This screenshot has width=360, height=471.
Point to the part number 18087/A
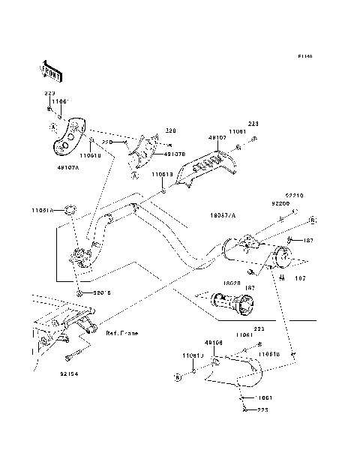[x=223, y=214]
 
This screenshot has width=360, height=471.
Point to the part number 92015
[x=101, y=293]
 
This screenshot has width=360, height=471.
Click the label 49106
[x=214, y=343]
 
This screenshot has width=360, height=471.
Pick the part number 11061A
[x=42, y=211]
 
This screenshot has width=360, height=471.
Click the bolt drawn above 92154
[x=75, y=352]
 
